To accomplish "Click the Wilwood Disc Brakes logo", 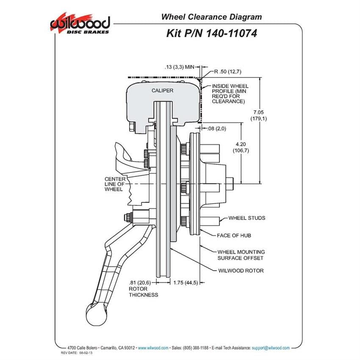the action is point(80,24).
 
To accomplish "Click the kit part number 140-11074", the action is point(232,33).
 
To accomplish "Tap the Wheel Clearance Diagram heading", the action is point(211,17).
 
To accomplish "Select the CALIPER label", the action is point(162,91).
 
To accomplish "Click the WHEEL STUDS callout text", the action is point(247,218).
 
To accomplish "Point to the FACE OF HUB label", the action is point(234,235).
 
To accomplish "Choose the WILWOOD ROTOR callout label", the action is point(241,271).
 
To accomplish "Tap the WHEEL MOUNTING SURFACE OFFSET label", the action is point(241,255).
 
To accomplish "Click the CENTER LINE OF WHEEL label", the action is point(115,184).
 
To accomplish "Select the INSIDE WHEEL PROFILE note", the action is point(230,94).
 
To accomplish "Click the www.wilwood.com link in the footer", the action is point(153,348).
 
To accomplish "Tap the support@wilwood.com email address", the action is point(271,348).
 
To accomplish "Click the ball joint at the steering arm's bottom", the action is point(97,315).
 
